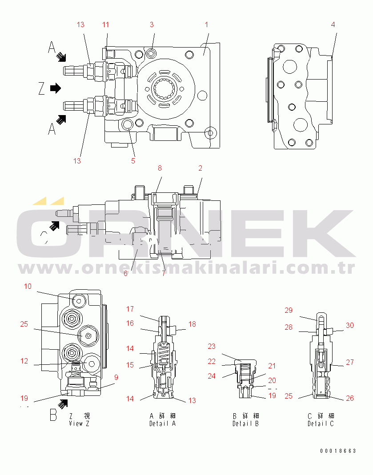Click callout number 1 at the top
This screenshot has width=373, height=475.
pos(206,24)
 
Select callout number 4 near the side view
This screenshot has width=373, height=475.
pos(333,24)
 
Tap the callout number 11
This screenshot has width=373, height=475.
pos(105,24)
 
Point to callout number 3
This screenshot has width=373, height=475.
pos(152,24)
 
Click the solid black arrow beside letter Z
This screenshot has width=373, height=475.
pos(55,88)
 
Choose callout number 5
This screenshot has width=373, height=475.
pos(133,161)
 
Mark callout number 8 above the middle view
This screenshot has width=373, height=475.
pos(160,168)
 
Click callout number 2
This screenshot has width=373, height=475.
pos(200,168)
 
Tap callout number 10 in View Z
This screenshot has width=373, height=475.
pos(28,287)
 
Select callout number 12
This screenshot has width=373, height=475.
pos(24,361)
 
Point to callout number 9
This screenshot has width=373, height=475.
pos(116,378)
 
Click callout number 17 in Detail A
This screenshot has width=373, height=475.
pos(130,309)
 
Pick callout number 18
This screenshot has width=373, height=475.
pos(192,324)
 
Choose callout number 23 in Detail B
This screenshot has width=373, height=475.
pos(211,346)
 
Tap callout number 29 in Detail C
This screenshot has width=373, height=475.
pos(289,310)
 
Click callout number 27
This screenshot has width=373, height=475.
pos(350,362)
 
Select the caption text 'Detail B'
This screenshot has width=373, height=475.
pos(245,423)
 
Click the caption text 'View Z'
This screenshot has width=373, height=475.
pos(80,423)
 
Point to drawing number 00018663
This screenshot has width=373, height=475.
pos(338,451)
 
